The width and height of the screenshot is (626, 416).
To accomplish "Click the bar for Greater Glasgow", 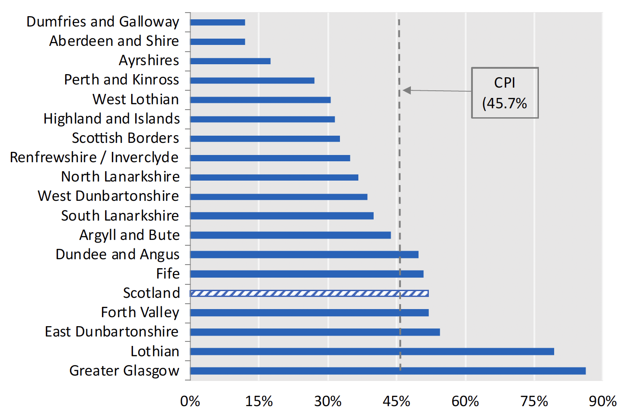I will coord(388,371).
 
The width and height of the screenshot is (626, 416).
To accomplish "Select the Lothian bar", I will coord(372,351).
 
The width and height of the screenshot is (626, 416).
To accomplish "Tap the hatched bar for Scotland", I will coord(309,293).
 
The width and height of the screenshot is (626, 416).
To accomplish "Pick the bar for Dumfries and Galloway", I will coord(217,22).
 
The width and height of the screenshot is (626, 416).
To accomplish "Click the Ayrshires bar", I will coord(230,61).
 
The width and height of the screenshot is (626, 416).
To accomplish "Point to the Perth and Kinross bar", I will coord(252,80).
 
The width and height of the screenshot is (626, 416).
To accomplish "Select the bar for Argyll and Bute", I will coord(290,235).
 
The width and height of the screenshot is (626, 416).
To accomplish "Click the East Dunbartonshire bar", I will coord(315,332).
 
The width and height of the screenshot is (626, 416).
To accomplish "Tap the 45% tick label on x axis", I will coord(396,401).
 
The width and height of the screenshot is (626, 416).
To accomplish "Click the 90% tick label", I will coord(602,401).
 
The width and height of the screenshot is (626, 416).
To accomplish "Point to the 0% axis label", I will coord(190,401).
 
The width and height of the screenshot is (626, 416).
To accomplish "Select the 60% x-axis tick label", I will coord(465,401).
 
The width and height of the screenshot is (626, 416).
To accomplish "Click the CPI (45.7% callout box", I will coord(504,93).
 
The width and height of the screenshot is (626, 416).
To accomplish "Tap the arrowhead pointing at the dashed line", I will coord(406,90).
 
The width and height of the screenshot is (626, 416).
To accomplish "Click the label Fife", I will coord(168,274).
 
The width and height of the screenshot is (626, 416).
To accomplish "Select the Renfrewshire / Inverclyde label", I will coord(94,157).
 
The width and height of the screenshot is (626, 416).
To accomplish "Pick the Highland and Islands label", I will coord(111,119).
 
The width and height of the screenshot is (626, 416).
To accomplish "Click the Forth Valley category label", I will coord(140,312).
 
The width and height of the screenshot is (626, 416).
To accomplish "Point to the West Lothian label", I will coord(136,99).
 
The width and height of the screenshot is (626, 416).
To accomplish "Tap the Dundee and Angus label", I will coord(117,254).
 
